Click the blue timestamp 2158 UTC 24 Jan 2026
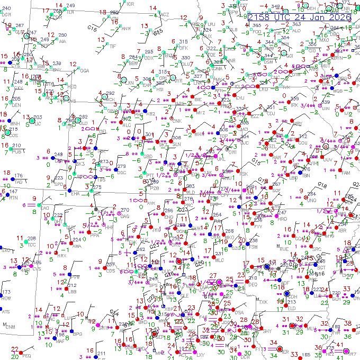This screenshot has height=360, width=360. click(x=299, y=17)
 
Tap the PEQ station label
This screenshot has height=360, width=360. click(x=27, y=356)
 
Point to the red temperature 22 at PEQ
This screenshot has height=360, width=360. click(x=14, y=349)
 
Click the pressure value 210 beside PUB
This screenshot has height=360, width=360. click(x=17, y=146)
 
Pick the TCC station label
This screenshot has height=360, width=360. click(x=31, y=245)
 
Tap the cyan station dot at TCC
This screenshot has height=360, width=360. click(x=24, y=242)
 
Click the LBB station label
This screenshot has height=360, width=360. click(x=72, y=291)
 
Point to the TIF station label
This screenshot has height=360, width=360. click(x=112, y=47)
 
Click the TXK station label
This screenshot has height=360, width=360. click(x=263, y=302)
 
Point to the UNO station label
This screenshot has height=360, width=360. click(x=312, y=201)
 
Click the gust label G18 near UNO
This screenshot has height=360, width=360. click(x=322, y=184)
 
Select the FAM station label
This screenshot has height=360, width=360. click(x=346, y=173)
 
